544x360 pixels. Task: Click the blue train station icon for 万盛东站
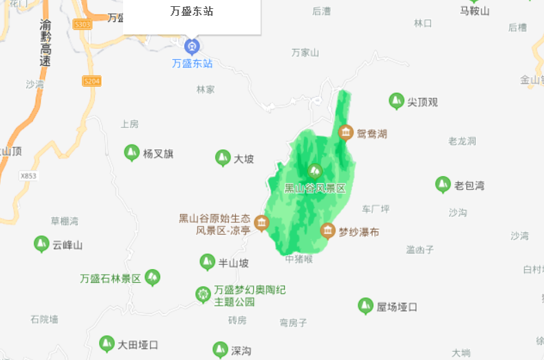click(192, 46)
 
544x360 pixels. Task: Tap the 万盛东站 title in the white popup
click(192, 12)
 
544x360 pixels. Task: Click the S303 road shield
click(83, 24)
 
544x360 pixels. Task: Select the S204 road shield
click(91, 81)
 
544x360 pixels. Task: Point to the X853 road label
click(28, 176)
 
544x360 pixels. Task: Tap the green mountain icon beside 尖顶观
click(396, 101)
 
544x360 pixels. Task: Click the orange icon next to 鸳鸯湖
click(345, 132)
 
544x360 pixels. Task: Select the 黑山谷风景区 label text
click(314, 188)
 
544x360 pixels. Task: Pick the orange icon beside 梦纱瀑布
click(328, 231)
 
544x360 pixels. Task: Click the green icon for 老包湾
click(443, 184)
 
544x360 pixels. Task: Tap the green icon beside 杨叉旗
click(131, 153)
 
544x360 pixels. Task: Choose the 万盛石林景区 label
click(110, 279)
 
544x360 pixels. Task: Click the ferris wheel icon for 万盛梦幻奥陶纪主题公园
click(203, 295)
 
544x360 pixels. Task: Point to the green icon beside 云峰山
click(41, 244)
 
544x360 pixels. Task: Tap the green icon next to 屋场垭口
click(366, 306)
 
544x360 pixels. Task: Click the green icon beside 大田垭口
click(107, 343)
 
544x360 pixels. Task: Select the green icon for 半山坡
click(207, 262)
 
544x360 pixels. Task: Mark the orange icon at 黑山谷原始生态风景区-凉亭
click(261, 222)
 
